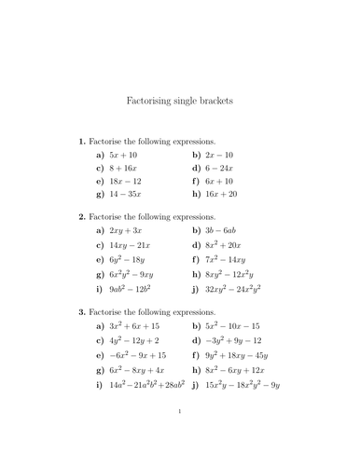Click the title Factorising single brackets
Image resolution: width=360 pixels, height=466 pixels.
coord(179,98)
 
